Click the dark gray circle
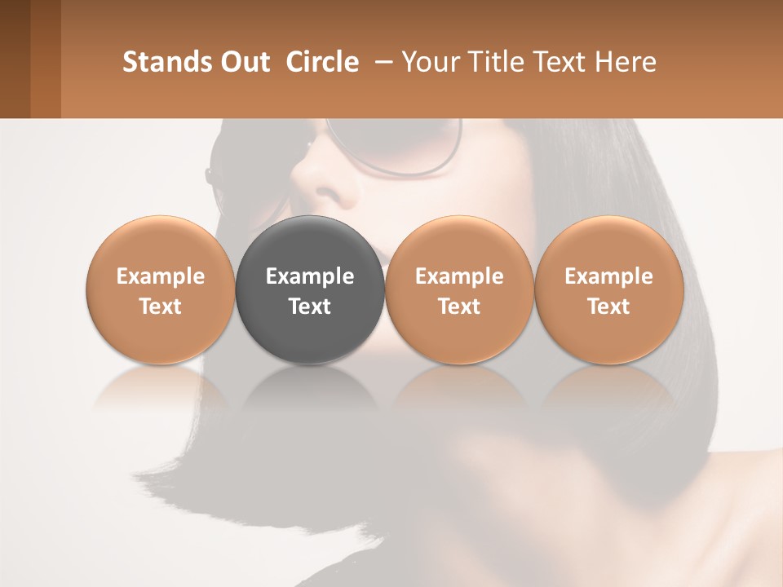310,289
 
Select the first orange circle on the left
161,289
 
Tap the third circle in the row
459,289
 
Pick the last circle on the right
609,289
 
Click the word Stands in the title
166,62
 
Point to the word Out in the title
244,62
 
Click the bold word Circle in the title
322,62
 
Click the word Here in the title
626,62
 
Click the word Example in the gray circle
310,276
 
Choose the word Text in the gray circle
310,307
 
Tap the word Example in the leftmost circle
161,276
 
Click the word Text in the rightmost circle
609,307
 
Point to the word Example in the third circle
459,276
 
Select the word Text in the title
557,62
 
